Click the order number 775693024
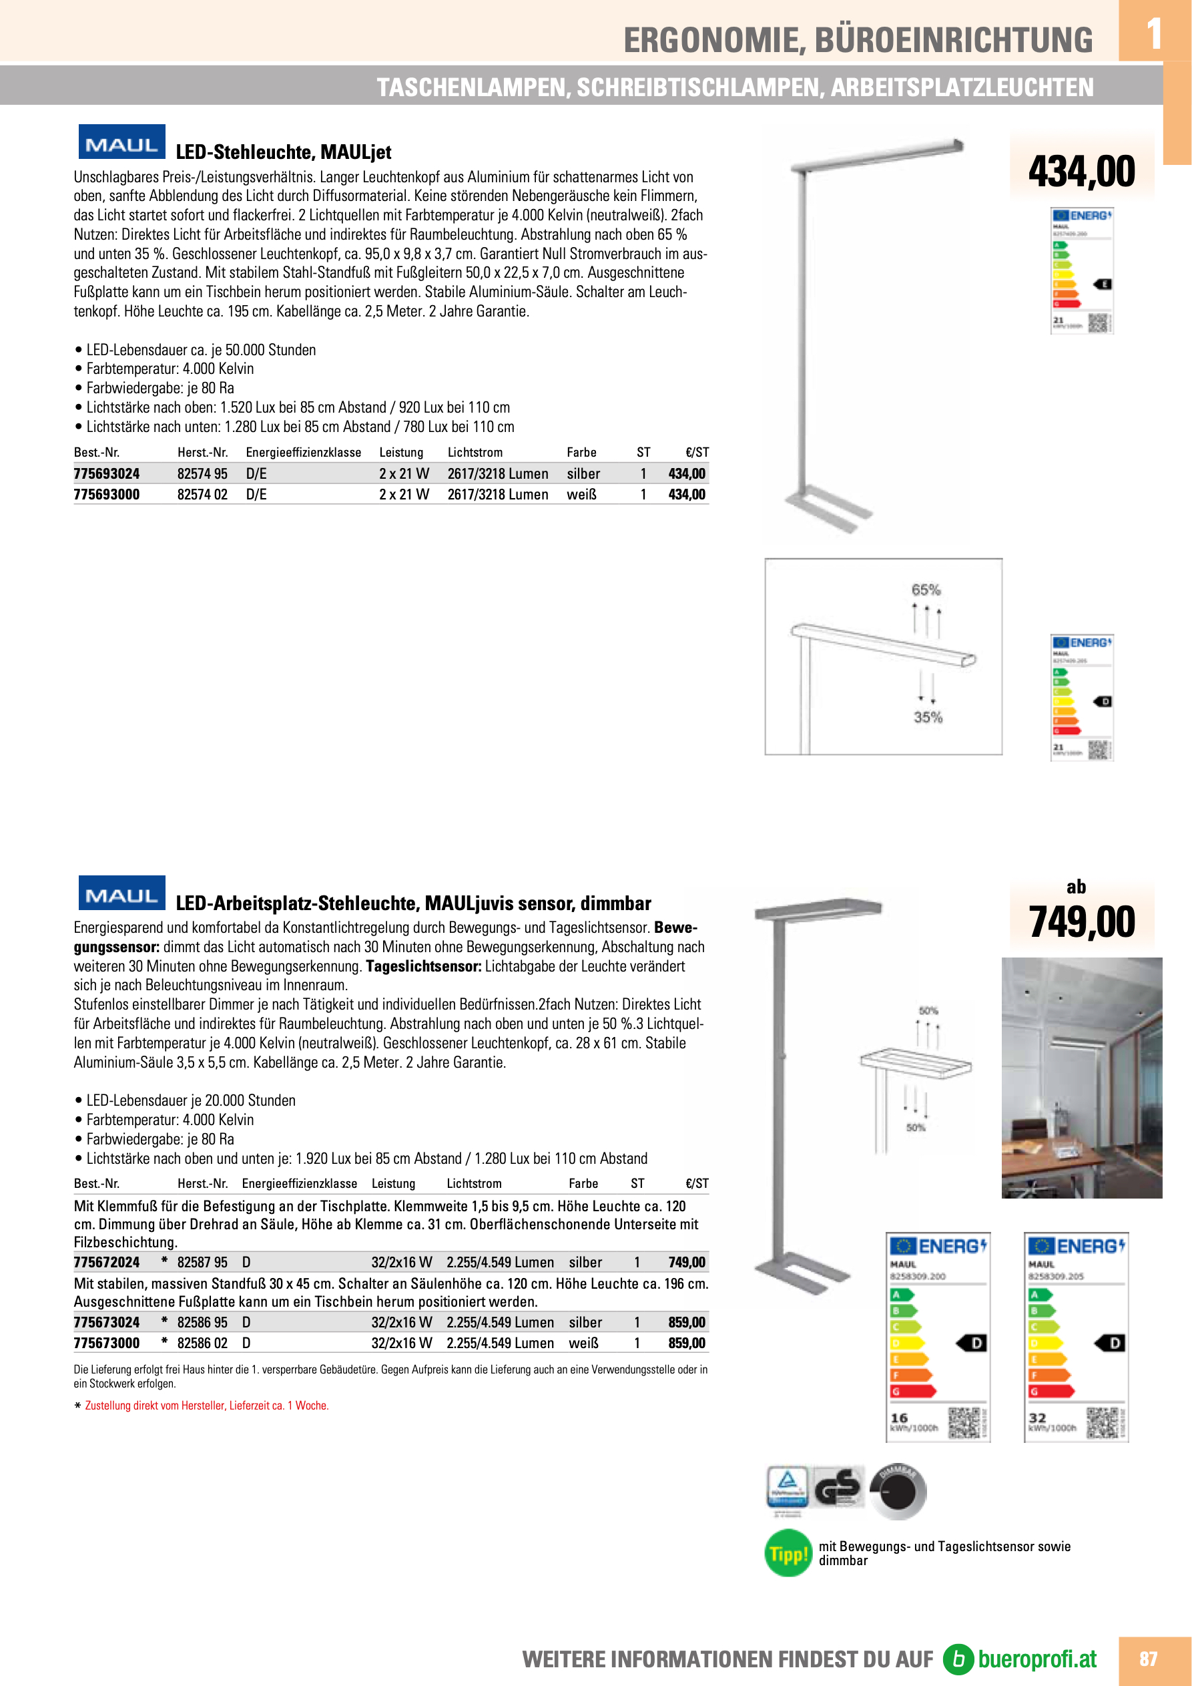pos(106,473)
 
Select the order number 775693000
pos(106,494)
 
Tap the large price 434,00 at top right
pos(1081,172)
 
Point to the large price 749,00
pos(1081,922)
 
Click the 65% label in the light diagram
pos(926,590)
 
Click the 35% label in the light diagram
pos(928,717)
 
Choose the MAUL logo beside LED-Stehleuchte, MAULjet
pos(122,142)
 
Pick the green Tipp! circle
pos(788,1552)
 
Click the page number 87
pos(1148,1659)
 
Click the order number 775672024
pos(106,1262)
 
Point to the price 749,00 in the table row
pos(686,1262)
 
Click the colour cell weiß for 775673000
pos(583,1343)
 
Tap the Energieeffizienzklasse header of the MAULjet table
pos(303,452)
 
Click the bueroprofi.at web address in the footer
pos(1036,1659)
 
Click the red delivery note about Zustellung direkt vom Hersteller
pos(206,1406)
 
